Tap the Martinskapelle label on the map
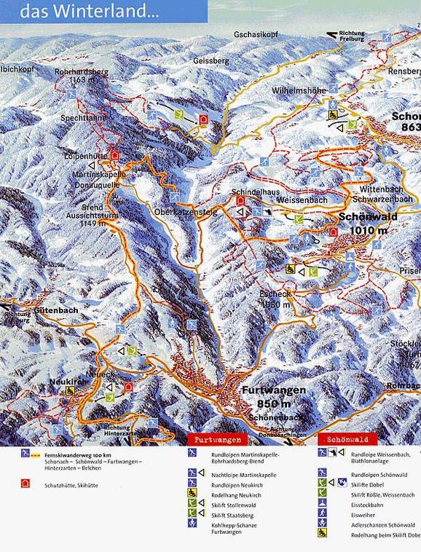[98, 175]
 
